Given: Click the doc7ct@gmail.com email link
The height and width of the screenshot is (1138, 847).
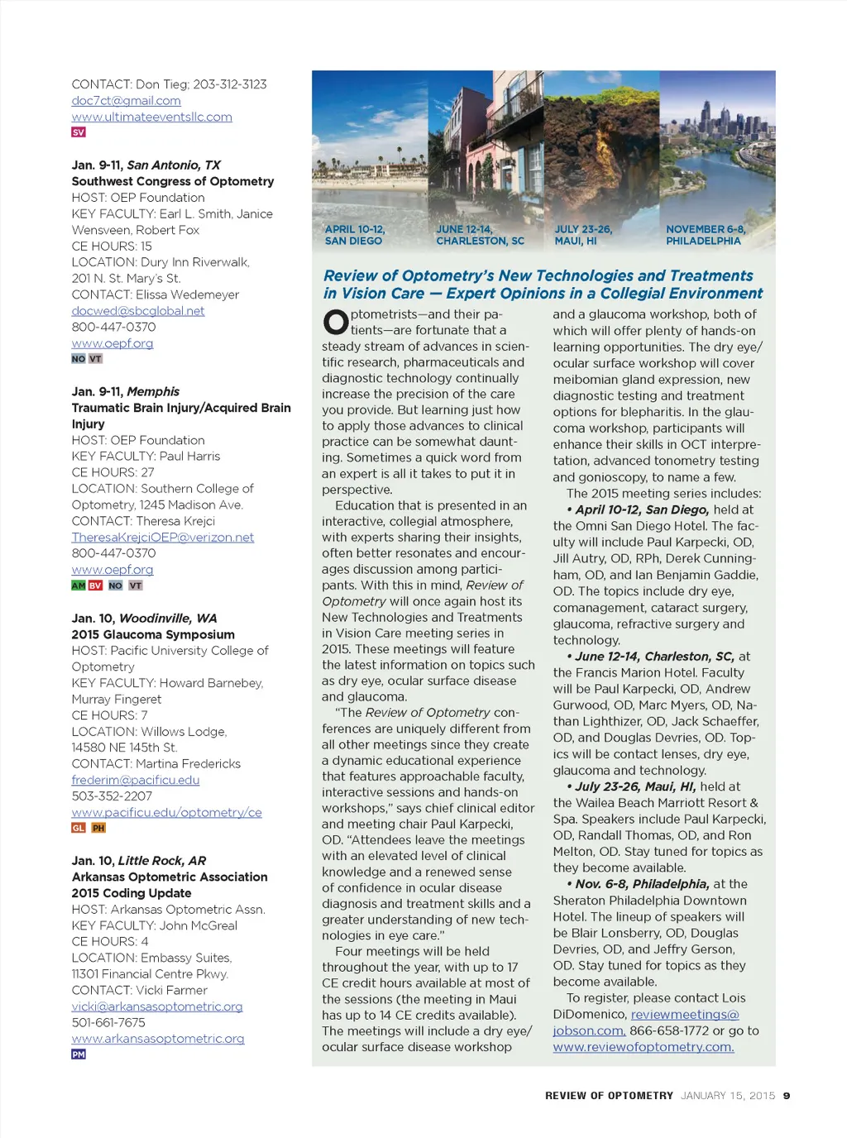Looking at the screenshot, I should (x=126, y=101).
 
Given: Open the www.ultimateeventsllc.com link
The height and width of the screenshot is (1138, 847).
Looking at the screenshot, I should (x=151, y=117).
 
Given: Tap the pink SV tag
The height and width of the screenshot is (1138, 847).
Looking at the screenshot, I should (x=79, y=132).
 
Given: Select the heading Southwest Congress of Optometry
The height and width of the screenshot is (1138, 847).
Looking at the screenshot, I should (x=172, y=181).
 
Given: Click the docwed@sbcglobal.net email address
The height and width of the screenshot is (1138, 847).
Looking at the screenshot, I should (x=137, y=311).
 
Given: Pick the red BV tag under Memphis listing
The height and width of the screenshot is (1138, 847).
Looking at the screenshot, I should (x=95, y=586).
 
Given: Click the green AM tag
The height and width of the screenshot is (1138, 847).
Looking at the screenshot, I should (x=79, y=586).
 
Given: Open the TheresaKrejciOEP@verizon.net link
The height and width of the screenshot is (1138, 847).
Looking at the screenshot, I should (x=162, y=538).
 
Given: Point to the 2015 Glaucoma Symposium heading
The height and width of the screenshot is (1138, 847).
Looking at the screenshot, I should (x=153, y=634).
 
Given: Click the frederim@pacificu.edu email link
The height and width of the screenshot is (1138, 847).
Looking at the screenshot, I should (x=135, y=780).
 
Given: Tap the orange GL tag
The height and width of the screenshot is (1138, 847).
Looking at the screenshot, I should (x=79, y=828).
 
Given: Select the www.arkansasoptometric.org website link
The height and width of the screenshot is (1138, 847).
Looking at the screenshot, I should (x=157, y=1039).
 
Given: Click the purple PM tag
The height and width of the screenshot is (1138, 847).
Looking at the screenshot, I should (x=79, y=1054).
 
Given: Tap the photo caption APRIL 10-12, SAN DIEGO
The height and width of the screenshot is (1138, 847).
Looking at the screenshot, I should (x=354, y=235).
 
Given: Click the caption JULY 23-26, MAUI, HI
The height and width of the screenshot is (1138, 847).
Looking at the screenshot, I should (x=582, y=235).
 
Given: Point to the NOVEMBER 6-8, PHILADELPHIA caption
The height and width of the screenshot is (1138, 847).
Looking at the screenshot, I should (x=705, y=235).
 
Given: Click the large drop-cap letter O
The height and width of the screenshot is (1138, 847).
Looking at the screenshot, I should (x=335, y=322).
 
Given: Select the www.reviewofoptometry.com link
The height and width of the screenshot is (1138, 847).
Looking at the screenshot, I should (x=643, y=1047).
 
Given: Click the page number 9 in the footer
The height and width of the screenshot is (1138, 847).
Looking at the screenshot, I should (x=787, y=1096).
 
